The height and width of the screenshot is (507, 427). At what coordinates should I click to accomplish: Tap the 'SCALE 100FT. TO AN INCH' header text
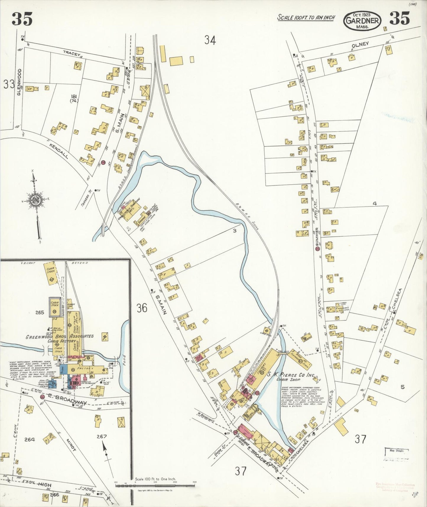point(306,17)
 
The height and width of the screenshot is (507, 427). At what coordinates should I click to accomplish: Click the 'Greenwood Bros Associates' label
point(60,336)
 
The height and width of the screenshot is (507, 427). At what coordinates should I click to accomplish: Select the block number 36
point(142,308)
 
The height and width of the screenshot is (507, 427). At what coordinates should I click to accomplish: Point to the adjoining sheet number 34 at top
point(210,40)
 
